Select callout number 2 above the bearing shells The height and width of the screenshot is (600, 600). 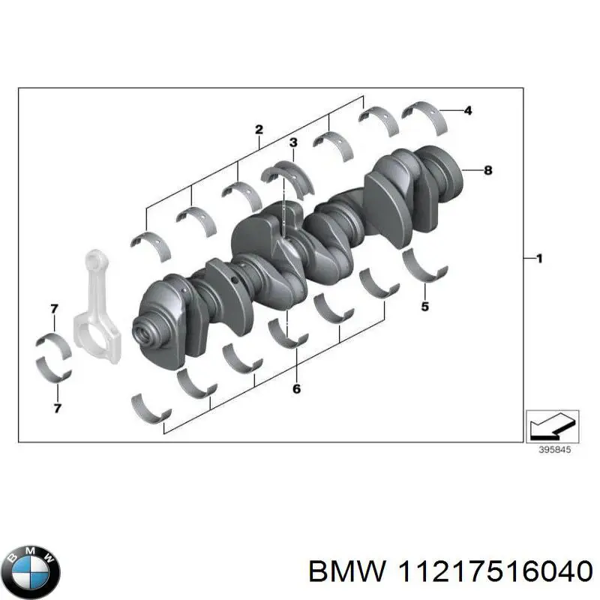[x=258, y=130]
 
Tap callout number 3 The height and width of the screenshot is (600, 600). [x=293, y=142]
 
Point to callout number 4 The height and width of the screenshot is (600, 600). [x=467, y=111]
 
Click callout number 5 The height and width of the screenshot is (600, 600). [x=424, y=306]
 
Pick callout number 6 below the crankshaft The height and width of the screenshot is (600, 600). [x=296, y=388]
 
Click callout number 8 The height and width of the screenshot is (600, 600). [x=487, y=170]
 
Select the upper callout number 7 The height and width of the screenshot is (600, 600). [x=54, y=309]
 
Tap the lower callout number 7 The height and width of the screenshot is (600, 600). [x=58, y=408]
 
